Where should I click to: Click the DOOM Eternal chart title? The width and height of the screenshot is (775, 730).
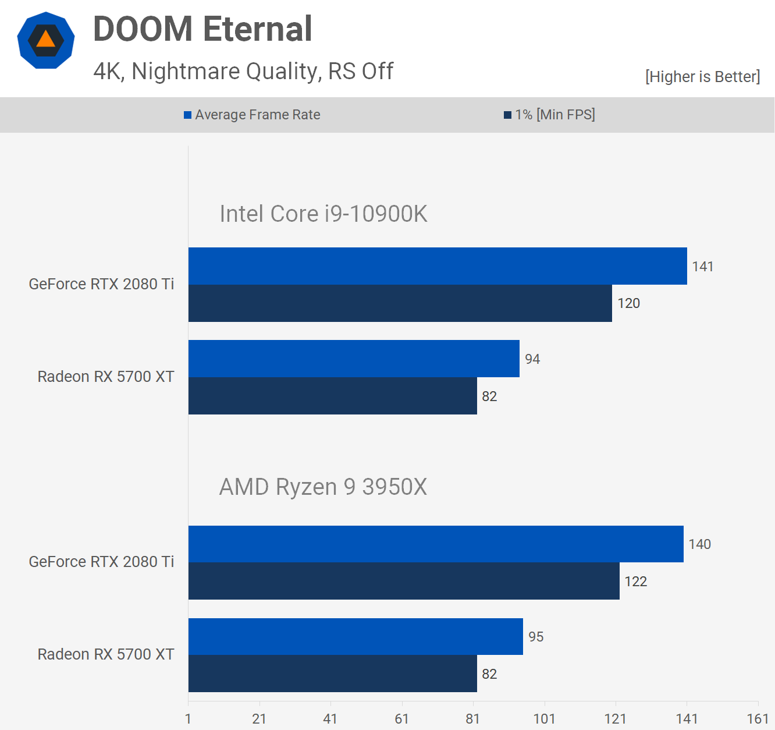[202, 29]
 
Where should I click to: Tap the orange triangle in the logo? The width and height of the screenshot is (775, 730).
[45, 40]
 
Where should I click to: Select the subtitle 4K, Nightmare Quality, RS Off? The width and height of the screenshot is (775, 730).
[243, 71]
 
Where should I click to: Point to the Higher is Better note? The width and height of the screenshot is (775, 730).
[702, 76]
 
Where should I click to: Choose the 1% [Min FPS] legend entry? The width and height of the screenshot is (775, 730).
[549, 115]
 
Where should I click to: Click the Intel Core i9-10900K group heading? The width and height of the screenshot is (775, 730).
[323, 214]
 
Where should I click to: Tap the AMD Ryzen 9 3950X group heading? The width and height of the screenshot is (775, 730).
[323, 487]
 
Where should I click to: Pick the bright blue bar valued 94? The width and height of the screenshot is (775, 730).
[354, 359]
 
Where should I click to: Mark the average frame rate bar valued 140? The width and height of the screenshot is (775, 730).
[436, 544]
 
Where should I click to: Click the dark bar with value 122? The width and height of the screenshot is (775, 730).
[404, 581]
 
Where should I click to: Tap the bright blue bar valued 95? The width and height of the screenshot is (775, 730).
[355, 636]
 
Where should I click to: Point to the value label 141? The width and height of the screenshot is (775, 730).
[702, 267]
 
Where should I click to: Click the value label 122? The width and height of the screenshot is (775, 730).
[635, 582]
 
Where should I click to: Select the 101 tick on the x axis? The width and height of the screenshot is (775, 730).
[544, 719]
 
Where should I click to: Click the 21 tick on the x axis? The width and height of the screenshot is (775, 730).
[259, 719]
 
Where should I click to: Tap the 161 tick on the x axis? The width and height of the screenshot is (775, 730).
[758, 719]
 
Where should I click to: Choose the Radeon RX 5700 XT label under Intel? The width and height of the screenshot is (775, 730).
[106, 377]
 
